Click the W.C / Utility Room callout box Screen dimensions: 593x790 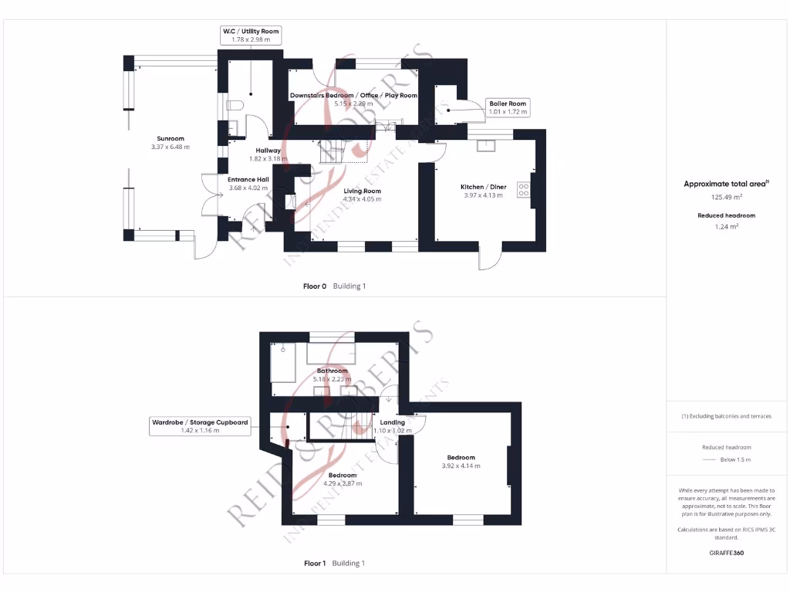(x=250, y=35)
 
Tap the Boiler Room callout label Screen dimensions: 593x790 (x=507, y=107)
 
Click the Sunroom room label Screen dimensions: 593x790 (x=170, y=139)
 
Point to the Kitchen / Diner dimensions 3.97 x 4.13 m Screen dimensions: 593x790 (x=483, y=195)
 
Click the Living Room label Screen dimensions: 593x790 (x=362, y=191)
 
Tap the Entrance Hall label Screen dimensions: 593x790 (x=248, y=179)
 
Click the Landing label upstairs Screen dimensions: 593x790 (x=392, y=422)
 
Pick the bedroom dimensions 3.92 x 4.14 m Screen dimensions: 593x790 (x=461, y=466)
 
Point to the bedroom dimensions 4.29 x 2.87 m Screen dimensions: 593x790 (x=342, y=483)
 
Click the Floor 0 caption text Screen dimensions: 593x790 (x=316, y=286)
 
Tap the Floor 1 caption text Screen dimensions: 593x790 (x=315, y=563)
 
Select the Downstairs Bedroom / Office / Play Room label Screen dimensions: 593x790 (x=353, y=96)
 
